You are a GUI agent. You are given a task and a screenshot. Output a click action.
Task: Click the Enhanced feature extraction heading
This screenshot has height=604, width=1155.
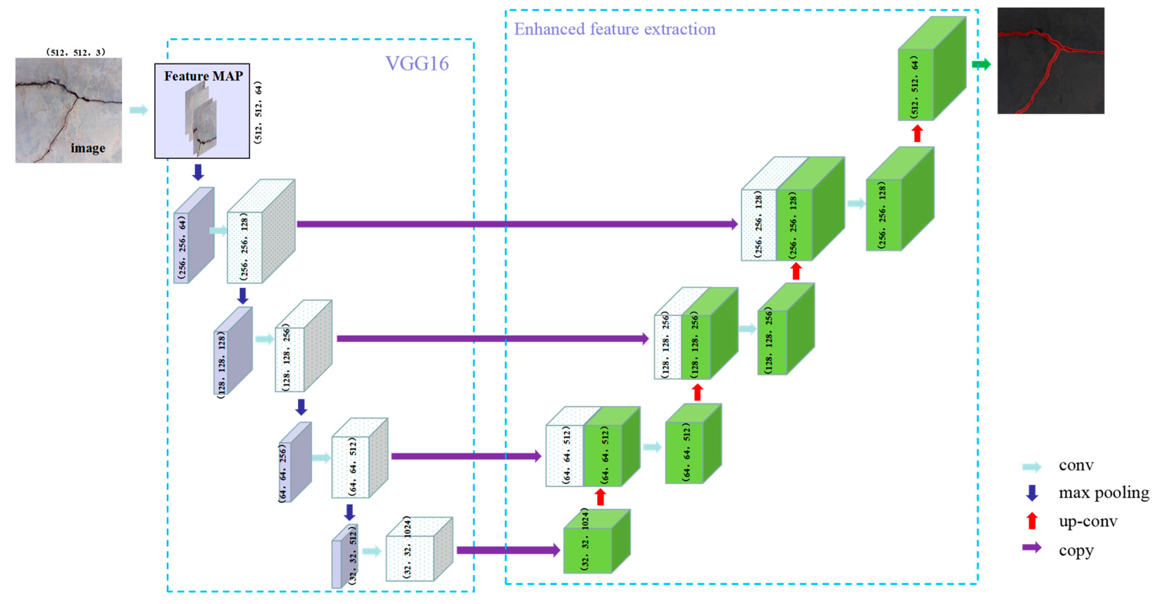coord(614,29)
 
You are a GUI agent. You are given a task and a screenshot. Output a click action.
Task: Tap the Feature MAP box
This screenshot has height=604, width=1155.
coord(202,111)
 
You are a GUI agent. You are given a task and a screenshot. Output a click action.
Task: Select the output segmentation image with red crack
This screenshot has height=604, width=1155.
coord(1050,61)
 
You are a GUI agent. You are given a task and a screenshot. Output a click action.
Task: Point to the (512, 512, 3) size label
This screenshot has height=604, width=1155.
coord(75,52)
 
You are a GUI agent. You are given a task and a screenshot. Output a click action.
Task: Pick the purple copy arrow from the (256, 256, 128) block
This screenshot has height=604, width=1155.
coord(516,224)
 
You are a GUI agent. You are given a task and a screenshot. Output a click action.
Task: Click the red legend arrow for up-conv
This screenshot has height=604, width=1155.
coord(1032,521)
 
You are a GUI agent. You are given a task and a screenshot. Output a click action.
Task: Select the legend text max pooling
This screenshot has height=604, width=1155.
coord(1103,493)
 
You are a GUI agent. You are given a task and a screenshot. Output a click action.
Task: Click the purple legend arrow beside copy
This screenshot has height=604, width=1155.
coord(1031,548)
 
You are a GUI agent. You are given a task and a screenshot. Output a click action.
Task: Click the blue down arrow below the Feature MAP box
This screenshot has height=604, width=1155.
coord(198,172)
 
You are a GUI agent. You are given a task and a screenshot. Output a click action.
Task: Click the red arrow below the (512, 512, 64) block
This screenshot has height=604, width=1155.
coord(917,133)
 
